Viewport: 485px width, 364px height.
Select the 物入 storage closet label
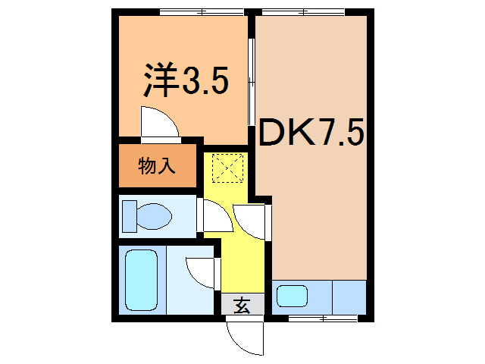(158, 165)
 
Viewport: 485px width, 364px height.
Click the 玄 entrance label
(242, 306)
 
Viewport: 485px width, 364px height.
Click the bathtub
(142, 278)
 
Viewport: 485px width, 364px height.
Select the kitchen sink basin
(291, 297)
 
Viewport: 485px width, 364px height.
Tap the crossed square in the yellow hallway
(225, 168)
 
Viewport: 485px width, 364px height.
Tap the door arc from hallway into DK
(251, 221)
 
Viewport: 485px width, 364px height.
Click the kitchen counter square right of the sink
(349, 297)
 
